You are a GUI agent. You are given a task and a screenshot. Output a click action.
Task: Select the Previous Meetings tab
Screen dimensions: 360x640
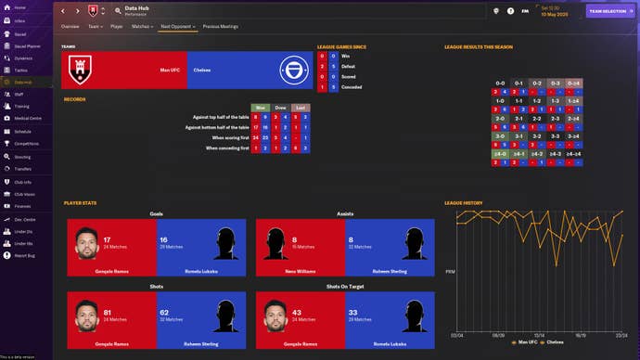(220, 27)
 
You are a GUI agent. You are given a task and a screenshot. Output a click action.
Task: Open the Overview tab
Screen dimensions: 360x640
(70, 27)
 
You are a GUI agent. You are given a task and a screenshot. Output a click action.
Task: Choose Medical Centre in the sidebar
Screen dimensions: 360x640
(27, 119)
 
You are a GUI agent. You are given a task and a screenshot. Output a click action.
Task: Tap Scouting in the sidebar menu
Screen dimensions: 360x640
(23, 157)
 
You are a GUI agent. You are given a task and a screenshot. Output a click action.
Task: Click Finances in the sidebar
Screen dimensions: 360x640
(23, 205)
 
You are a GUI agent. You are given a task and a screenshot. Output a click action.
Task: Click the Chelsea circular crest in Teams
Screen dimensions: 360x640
(295, 70)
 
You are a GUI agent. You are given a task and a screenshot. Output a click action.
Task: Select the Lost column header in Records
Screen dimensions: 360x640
(300, 107)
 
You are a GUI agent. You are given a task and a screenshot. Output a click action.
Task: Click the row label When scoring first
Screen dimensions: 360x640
(224, 137)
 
